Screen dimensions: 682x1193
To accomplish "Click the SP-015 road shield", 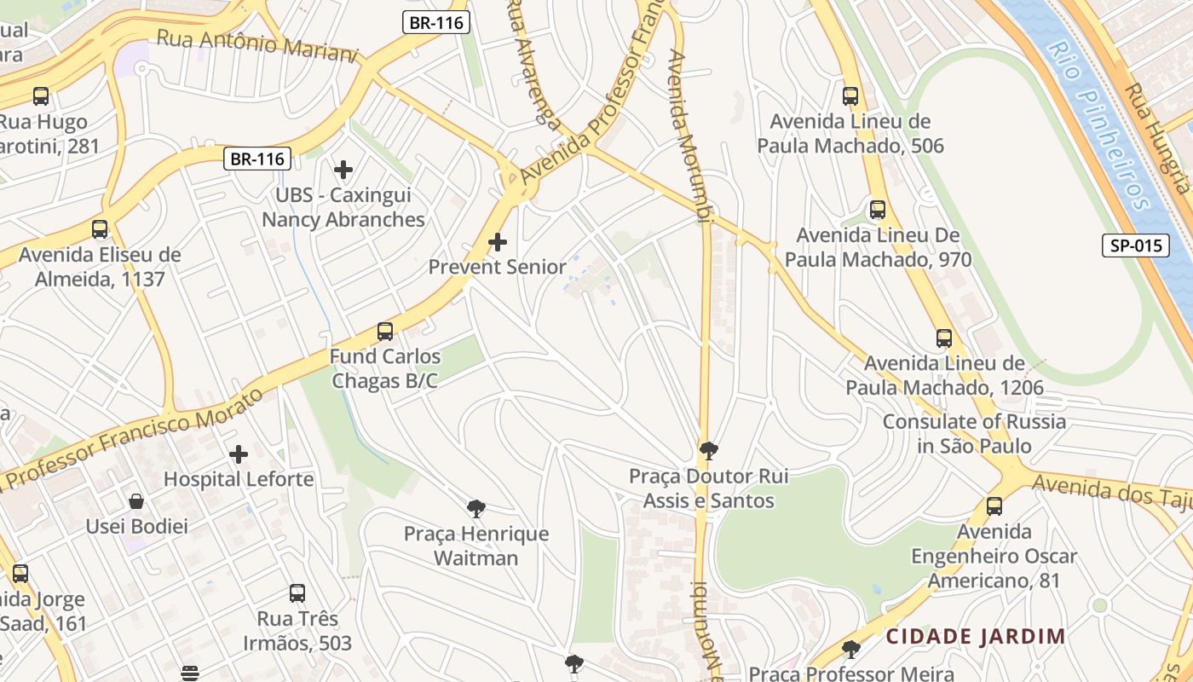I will coord(1137,246).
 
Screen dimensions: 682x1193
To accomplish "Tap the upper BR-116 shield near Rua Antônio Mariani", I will coord(436,23).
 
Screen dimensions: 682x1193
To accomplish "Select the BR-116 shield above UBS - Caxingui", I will coord(257,159).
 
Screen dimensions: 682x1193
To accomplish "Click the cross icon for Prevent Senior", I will coord(498,242).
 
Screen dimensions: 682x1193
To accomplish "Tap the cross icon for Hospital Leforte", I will coord(239,454).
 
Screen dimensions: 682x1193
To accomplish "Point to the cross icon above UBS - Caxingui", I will coord(343,170).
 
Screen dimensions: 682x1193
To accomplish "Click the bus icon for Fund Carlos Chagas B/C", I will coord(385,332).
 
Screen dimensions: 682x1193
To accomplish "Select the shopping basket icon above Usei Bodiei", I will coord(136,501).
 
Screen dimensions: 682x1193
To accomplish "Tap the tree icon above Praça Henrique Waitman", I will coord(476,509).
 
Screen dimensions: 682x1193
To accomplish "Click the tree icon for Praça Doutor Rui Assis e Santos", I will coord(708,451).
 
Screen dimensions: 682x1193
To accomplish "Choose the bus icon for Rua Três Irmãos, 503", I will coord(297,593).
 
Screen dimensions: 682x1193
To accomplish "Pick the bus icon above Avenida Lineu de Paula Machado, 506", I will coord(850,96).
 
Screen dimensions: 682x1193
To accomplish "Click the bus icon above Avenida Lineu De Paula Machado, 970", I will coord(877,210).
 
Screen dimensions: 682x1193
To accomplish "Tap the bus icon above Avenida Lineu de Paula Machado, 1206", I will coord(944,338).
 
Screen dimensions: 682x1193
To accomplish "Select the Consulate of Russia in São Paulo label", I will coord(974,433).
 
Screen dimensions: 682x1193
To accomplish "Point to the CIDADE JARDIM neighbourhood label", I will coord(975,636).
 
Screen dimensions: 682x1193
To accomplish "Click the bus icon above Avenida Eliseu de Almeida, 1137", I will coord(100,229).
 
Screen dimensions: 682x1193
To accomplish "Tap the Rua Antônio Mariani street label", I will coord(256,44).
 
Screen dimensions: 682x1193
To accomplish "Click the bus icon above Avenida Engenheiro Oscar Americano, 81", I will coord(994,506).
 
